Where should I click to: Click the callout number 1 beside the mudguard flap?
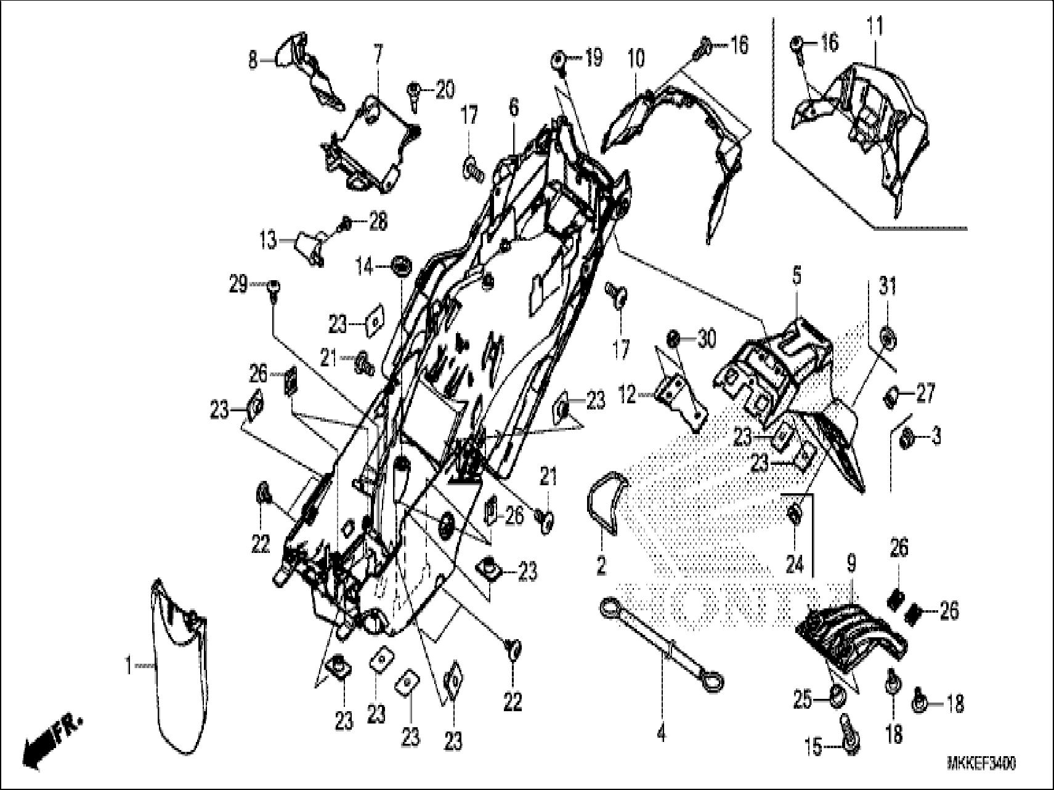[128, 666]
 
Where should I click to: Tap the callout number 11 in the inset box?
[875, 26]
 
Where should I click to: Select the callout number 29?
[238, 284]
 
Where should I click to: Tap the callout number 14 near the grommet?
[364, 267]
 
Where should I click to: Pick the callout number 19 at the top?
[593, 58]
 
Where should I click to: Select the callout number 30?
[707, 339]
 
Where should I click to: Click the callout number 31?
[888, 287]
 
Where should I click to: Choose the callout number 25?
[802, 700]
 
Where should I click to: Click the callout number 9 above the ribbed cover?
[851, 562]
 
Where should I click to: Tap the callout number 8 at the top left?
[253, 61]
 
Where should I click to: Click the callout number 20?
[445, 91]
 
